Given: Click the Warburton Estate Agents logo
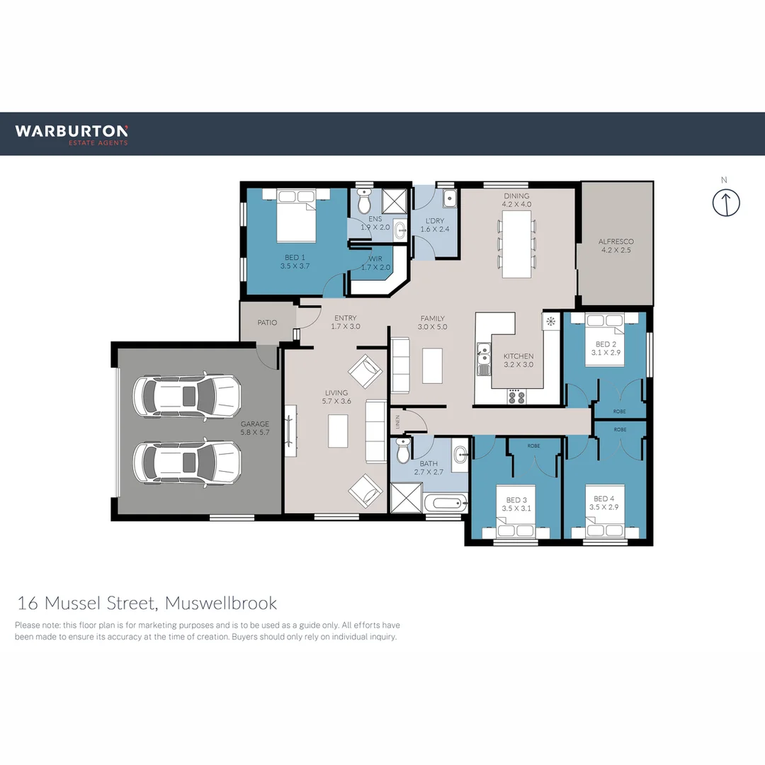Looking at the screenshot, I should pyautogui.click(x=72, y=134).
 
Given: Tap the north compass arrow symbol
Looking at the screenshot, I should pyautogui.click(x=726, y=203).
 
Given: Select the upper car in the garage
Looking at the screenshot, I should pyautogui.click(x=188, y=395).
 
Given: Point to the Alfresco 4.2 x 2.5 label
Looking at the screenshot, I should pyautogui.click(x=616, y=246).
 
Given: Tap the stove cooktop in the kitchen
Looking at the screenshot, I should pyautogui.click(x=516, y=397).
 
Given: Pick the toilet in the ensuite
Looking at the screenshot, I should pyautogui.click(x=364, y=203).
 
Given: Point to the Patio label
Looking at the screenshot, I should pyautogui.click(x=267, y=322).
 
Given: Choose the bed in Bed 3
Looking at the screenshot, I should pyautogui.click(x=516, y=521).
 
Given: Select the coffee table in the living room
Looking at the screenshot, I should pyautogui.click(x=339, y=430).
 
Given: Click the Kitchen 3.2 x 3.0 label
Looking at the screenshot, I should pyautogui.click(x=518, y=361).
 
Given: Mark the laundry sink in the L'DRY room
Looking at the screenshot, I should pyautogui.click(x=449, y=198).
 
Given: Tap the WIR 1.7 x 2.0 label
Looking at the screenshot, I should pyautogui.click(x=375, y=263).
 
